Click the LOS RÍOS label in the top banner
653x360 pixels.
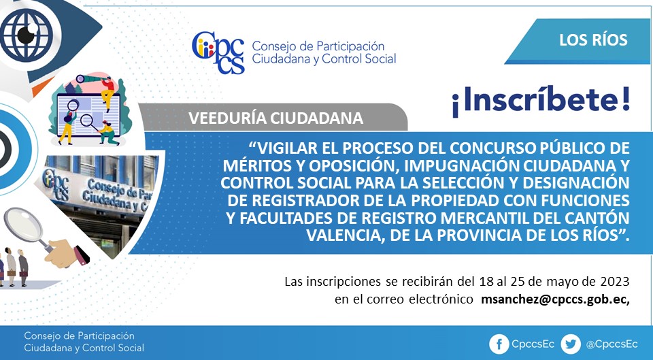coord(593,39)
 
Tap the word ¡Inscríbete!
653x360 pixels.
coord(541,101)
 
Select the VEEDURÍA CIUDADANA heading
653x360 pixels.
coord(275,118)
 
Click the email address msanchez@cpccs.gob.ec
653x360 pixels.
coord(555,299)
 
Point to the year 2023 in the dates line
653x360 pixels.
coord(615,282)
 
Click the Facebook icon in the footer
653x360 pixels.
coord(499,344)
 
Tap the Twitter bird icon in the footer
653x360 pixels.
coord(571,344)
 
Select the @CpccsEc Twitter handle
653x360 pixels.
coord(612,344)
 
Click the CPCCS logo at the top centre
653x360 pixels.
coord(218,53)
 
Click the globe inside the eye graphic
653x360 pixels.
coord(27,35)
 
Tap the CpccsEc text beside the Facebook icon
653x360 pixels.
coord(533,344)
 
